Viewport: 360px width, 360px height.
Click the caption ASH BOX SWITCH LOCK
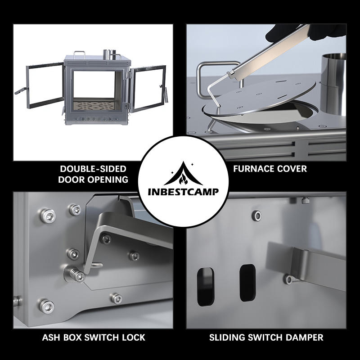click(93, 337)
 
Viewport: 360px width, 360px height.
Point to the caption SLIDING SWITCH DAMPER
click(266, 337)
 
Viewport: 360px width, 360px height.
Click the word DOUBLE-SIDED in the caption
click(93, 169)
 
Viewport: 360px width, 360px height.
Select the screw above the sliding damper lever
click(257, 216)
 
